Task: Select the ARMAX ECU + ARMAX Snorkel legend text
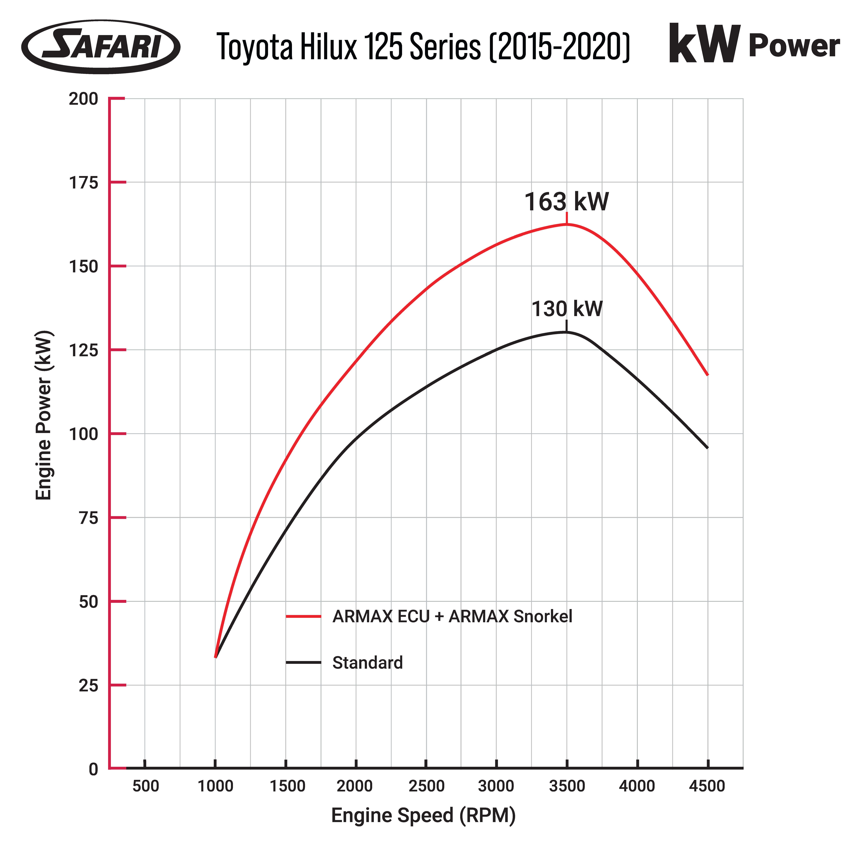coord(452,616)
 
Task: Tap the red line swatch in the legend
coord(303,616)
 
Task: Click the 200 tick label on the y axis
coord(83,99)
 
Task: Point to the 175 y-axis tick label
coord(83,182)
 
